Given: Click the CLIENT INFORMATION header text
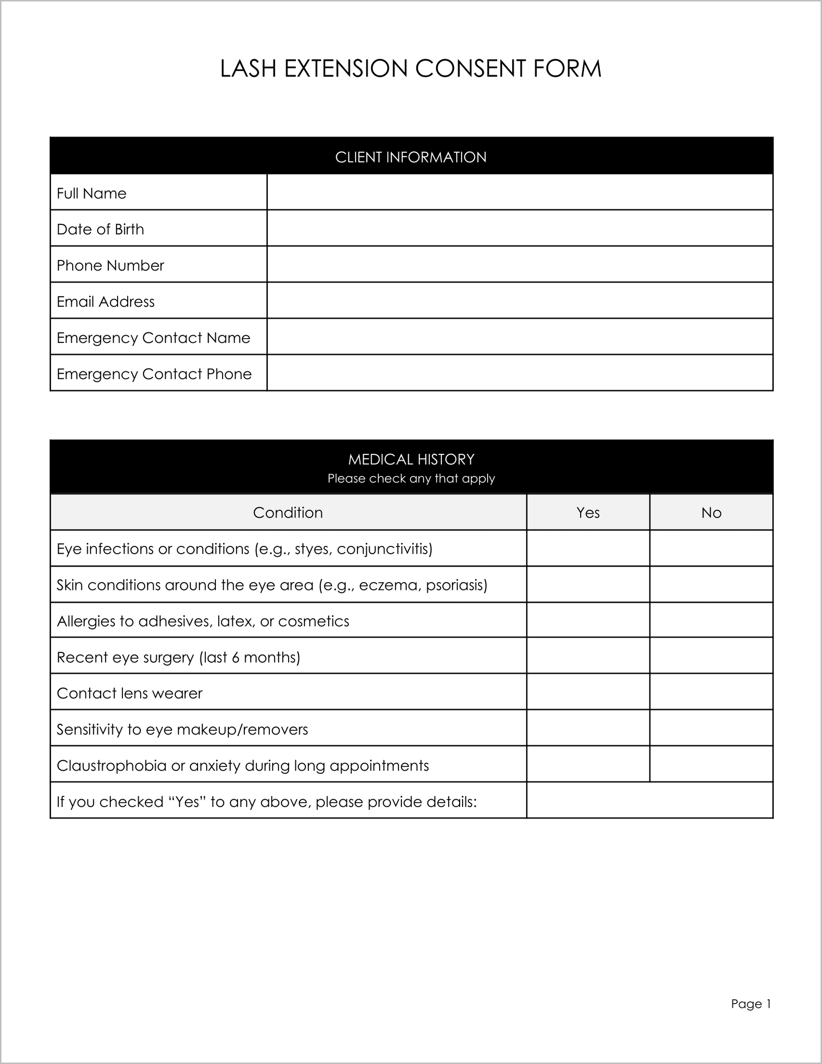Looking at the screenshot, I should [x=411, y=157].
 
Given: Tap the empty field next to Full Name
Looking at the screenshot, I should [x=519, y=193].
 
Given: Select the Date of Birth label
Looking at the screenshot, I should [x=100, y=229].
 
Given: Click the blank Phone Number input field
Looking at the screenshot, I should [x=519, y=264].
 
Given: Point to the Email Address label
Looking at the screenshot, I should [x=106, y=301].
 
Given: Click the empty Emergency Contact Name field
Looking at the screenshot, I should [x=519, y=337].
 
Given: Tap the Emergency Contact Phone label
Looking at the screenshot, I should [x=154, y=374].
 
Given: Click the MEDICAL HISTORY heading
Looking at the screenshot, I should [x=411, y=459].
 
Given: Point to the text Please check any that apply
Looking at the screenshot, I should [x=411, y=478].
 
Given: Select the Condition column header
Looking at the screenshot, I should [x=288, y=513].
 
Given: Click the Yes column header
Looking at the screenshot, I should [x=587, y=513].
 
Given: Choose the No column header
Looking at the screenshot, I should [x=711, y=513].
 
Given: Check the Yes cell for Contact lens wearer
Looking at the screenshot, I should [x=587, y=692].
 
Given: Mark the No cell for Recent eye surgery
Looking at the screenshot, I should [x=711, y=656].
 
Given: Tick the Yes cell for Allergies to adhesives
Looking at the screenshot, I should [x=587, y=620].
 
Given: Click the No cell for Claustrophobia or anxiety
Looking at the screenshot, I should [x=711, y=764].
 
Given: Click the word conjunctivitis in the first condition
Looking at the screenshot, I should [x=384, y=549].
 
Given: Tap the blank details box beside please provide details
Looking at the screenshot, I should [x=649, y=801].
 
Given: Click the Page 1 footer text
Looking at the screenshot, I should [x=751, y=1004].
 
